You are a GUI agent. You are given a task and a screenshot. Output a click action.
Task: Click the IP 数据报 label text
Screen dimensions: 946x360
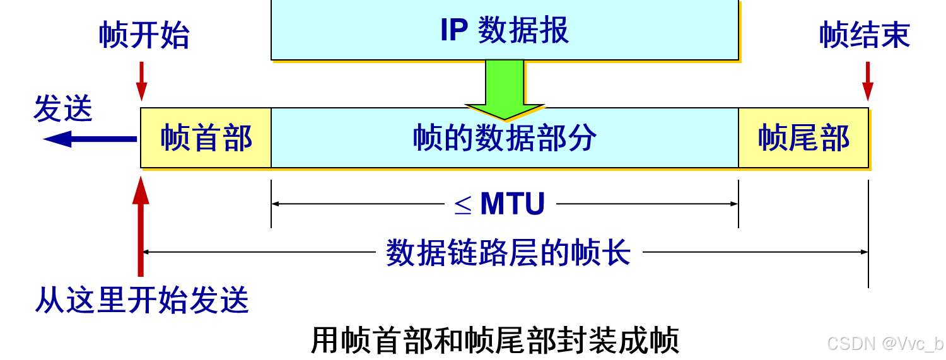pyautogui.click(x=505, y=30)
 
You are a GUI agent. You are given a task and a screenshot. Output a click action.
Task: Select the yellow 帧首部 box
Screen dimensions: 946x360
pyautogui.click(x=206, y=137)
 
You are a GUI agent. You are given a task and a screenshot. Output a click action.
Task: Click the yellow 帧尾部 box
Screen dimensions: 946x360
pyautogui.click(x=803, y=137)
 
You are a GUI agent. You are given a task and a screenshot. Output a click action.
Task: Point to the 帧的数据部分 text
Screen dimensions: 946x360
pyautogui.click(x=505, y=138)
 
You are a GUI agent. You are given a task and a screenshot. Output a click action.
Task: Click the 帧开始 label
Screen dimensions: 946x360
pyautogui.click(x=144, y=35)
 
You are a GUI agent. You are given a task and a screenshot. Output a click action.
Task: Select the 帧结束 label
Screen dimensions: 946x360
pyautogui.click(x=865, y=35)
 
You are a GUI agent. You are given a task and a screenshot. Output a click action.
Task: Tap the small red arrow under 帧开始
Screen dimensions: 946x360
pyautogui.click(x=142, y=81)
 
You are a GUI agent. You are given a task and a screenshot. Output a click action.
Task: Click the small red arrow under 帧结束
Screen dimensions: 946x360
pyautogui.click(x=868, y=81)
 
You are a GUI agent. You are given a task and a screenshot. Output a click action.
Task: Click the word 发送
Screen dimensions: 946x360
pyautogui.click(x=63, y=108)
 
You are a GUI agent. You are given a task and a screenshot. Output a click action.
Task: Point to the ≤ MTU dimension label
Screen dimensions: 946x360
pyautogui.click(x=499, y=204)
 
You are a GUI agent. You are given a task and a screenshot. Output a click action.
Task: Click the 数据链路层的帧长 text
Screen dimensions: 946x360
pyautogui.click(x=508, y=253)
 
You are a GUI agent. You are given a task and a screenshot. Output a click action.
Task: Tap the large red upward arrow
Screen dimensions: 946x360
pyautogui.click(x=141, y=227)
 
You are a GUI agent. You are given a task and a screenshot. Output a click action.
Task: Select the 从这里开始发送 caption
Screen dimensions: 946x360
pyautogui.click(x=142, y=300)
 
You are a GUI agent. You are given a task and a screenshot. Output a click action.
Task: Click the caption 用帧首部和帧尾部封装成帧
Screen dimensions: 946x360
pyautogui.click(x=495, y=340)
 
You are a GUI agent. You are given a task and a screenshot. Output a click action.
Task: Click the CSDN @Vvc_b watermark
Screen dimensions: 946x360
pyautogui.click(x=884, y=344)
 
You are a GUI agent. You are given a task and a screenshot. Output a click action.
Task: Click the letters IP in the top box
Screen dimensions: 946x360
pyautogui.click(x=453, y=30)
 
